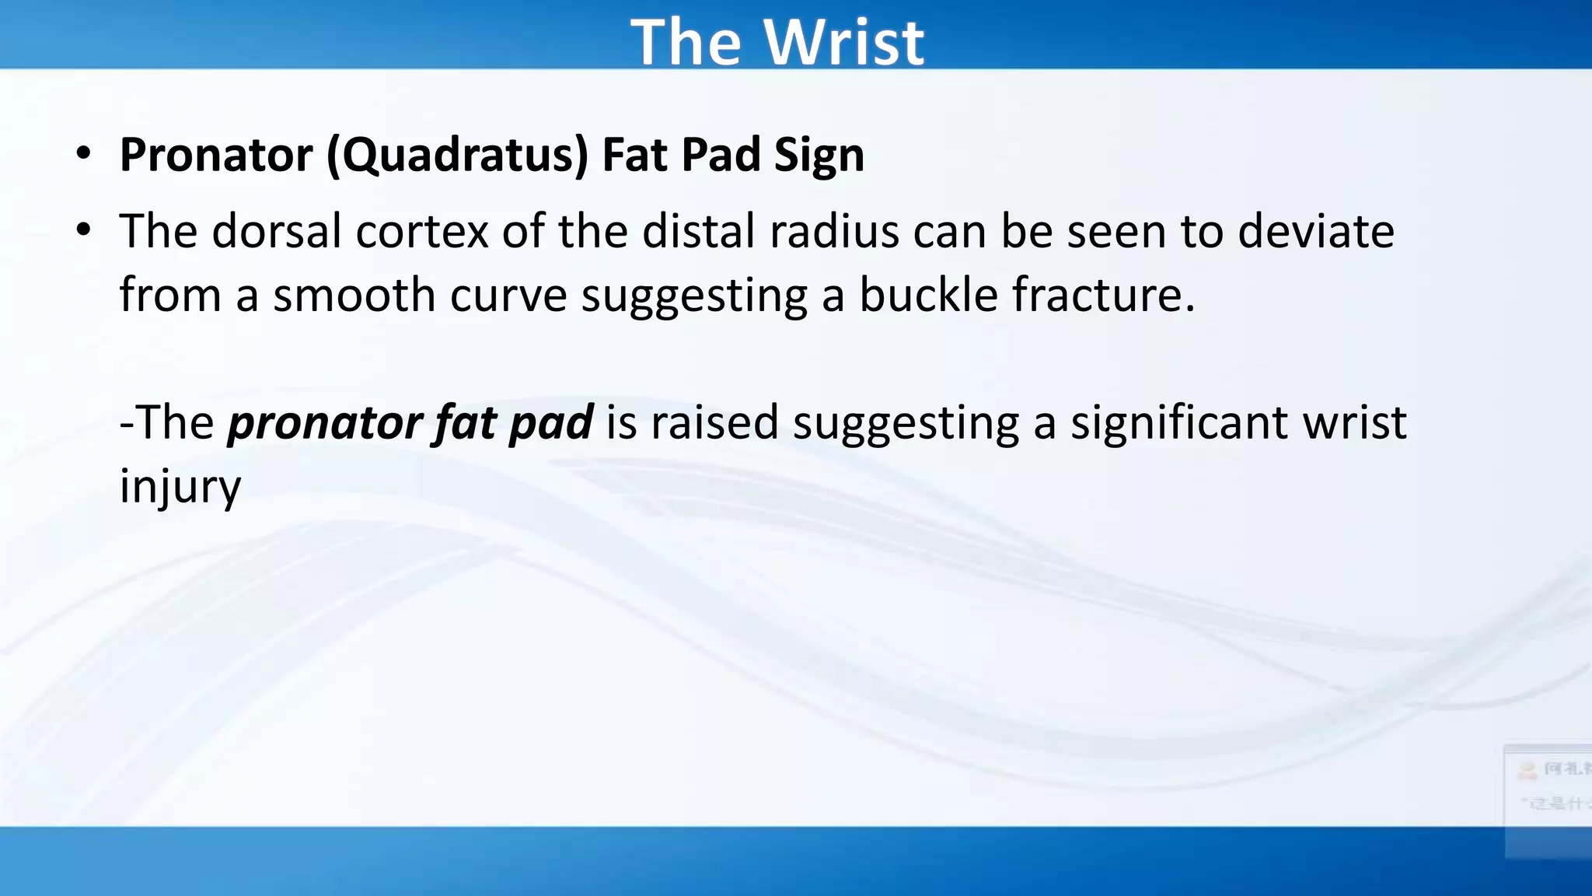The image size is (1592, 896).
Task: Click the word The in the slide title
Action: (x=686, y=42)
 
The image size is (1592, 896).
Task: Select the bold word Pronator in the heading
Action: (x=216, y=154)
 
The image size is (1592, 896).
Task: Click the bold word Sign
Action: (x=819, y=155)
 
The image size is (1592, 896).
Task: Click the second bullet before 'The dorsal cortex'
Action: (x=83, y=230)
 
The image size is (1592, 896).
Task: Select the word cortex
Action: (x=422, y=231)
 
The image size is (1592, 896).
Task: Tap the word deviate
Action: (x=1315, y=231)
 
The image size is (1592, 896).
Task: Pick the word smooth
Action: (x=354, y=295)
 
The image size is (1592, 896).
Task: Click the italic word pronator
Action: (x=324, y=422)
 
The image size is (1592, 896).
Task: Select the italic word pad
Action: (x=550, y=422)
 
